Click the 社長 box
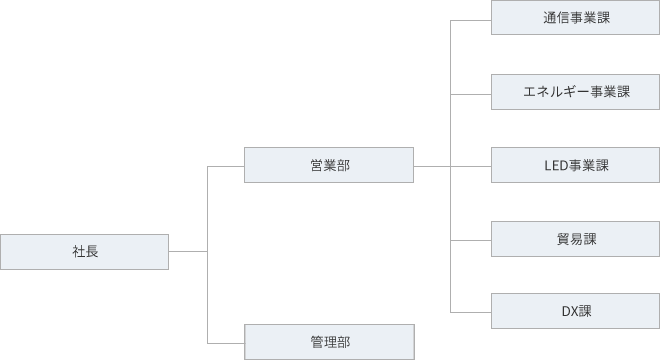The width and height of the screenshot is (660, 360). [x=85, y=251]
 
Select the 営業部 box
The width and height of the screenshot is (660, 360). [x=329, y=165]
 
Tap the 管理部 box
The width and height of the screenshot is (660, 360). [x=329, y=341]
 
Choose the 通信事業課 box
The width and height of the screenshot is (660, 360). [x=576, y=18]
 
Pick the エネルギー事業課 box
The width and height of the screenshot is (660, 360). [x=576, y=92]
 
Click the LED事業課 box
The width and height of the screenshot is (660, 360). [x=576, y=165]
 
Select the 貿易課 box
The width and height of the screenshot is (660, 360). [x=576, y=239]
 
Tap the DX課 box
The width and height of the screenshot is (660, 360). [x=576, y=311]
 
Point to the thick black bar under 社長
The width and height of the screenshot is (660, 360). [x=85, y=271]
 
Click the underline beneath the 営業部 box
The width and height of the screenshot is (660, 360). [x=329, y=184]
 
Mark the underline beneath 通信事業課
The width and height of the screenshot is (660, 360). [x=576, y=36]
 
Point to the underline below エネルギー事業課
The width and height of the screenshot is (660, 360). [x=576, y=110]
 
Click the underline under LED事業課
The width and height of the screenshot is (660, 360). [x=576, y=184]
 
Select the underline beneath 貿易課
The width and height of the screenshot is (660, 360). [x=576, y=257]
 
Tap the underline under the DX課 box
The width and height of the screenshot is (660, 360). [x=576, y=329]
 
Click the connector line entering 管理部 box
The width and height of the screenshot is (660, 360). [x=225, y=342]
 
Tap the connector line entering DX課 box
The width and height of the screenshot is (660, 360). [x=471, y=312]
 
